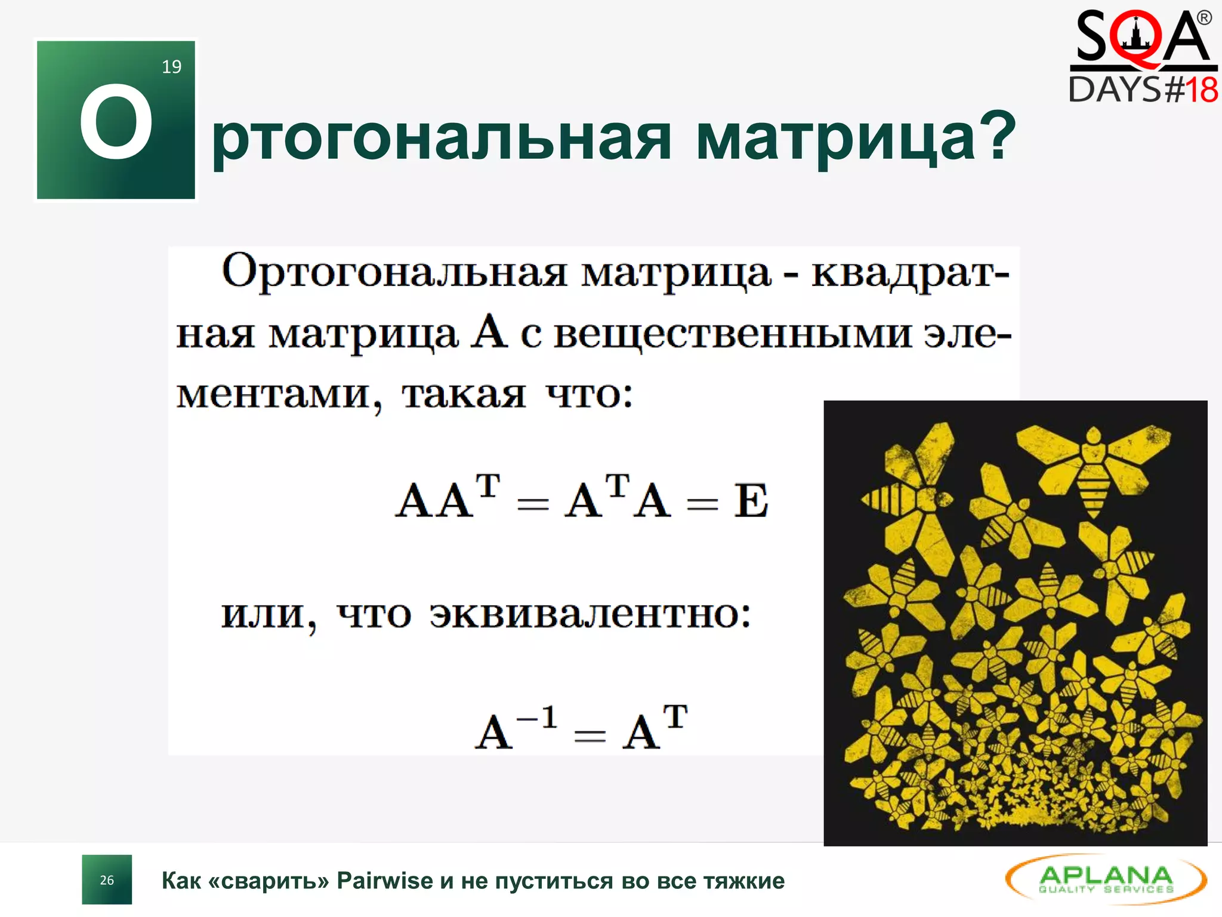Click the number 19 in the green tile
pos(172,66)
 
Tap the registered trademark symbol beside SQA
pos(1204,18)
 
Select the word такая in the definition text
pos(464,395)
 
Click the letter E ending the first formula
pos(751,500)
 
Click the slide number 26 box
pos(107,879)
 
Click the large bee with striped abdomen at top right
pos(1094,466)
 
